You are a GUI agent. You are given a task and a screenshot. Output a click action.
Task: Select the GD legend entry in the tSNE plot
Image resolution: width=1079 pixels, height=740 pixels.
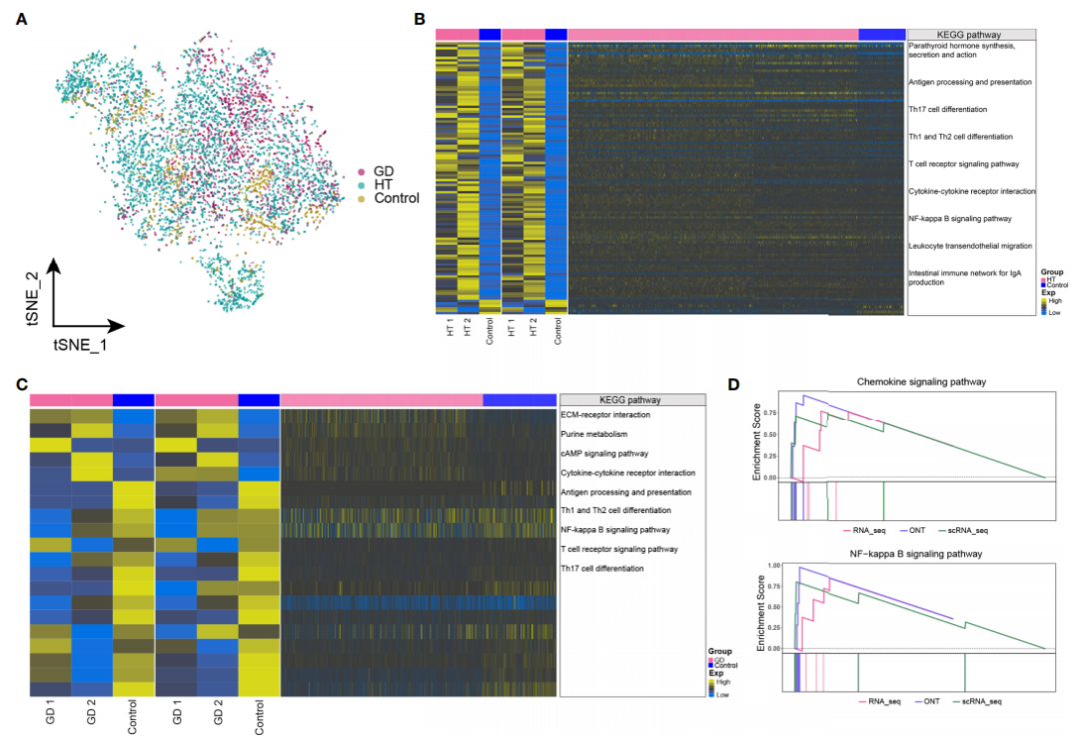click(x=385, y=172)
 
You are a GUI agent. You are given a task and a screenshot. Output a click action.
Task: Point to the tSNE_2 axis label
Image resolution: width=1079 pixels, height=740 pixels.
click(x=32, y=297)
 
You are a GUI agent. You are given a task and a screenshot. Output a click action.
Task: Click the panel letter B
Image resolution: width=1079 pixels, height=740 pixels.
click(x=420, y=19)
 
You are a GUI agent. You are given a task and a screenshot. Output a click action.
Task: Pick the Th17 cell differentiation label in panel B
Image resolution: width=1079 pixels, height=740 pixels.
click(x=947, y=108)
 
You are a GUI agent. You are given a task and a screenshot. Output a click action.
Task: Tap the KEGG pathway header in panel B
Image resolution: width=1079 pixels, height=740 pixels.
click(x=969, y=34)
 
